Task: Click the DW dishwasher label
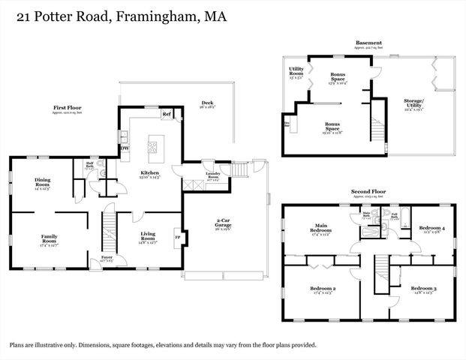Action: point(125,147)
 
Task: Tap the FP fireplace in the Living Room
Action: point(178,238)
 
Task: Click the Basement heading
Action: point(369,43)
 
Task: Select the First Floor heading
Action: point(68,108)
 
